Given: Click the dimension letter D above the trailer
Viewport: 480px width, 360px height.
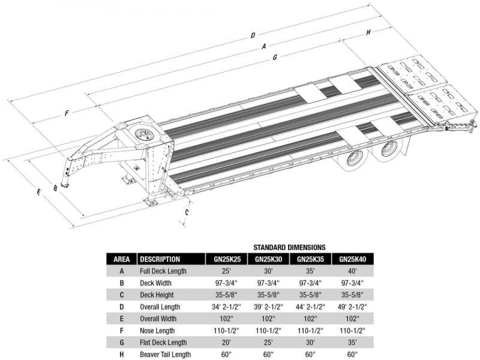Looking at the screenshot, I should (x=253, y=35).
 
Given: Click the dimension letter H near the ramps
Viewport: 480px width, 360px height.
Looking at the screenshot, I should (x=368, y=32).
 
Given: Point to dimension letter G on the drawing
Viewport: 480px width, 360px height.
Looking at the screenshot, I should (x=274, y=58).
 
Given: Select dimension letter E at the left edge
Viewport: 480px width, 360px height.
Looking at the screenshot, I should (x=38, y=192).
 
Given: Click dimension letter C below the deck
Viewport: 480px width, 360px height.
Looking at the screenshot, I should (x=187, y=212).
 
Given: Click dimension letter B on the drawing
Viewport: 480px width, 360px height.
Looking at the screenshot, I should (x=55, y=188).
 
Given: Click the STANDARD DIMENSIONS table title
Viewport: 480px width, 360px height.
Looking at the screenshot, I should (x=289, y=247).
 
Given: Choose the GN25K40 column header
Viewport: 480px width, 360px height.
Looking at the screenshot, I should (x=352, y=259).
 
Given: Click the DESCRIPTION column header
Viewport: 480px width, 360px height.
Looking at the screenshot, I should (x=160, y=259).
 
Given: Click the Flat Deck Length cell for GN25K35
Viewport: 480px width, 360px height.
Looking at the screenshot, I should (x=310, y=343).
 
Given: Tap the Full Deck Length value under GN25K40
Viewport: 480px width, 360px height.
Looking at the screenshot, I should (x=352, y=271).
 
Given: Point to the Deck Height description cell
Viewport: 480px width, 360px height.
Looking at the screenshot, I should (x=157, y=295).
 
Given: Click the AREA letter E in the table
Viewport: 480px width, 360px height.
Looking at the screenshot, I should (x=122, y=319).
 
